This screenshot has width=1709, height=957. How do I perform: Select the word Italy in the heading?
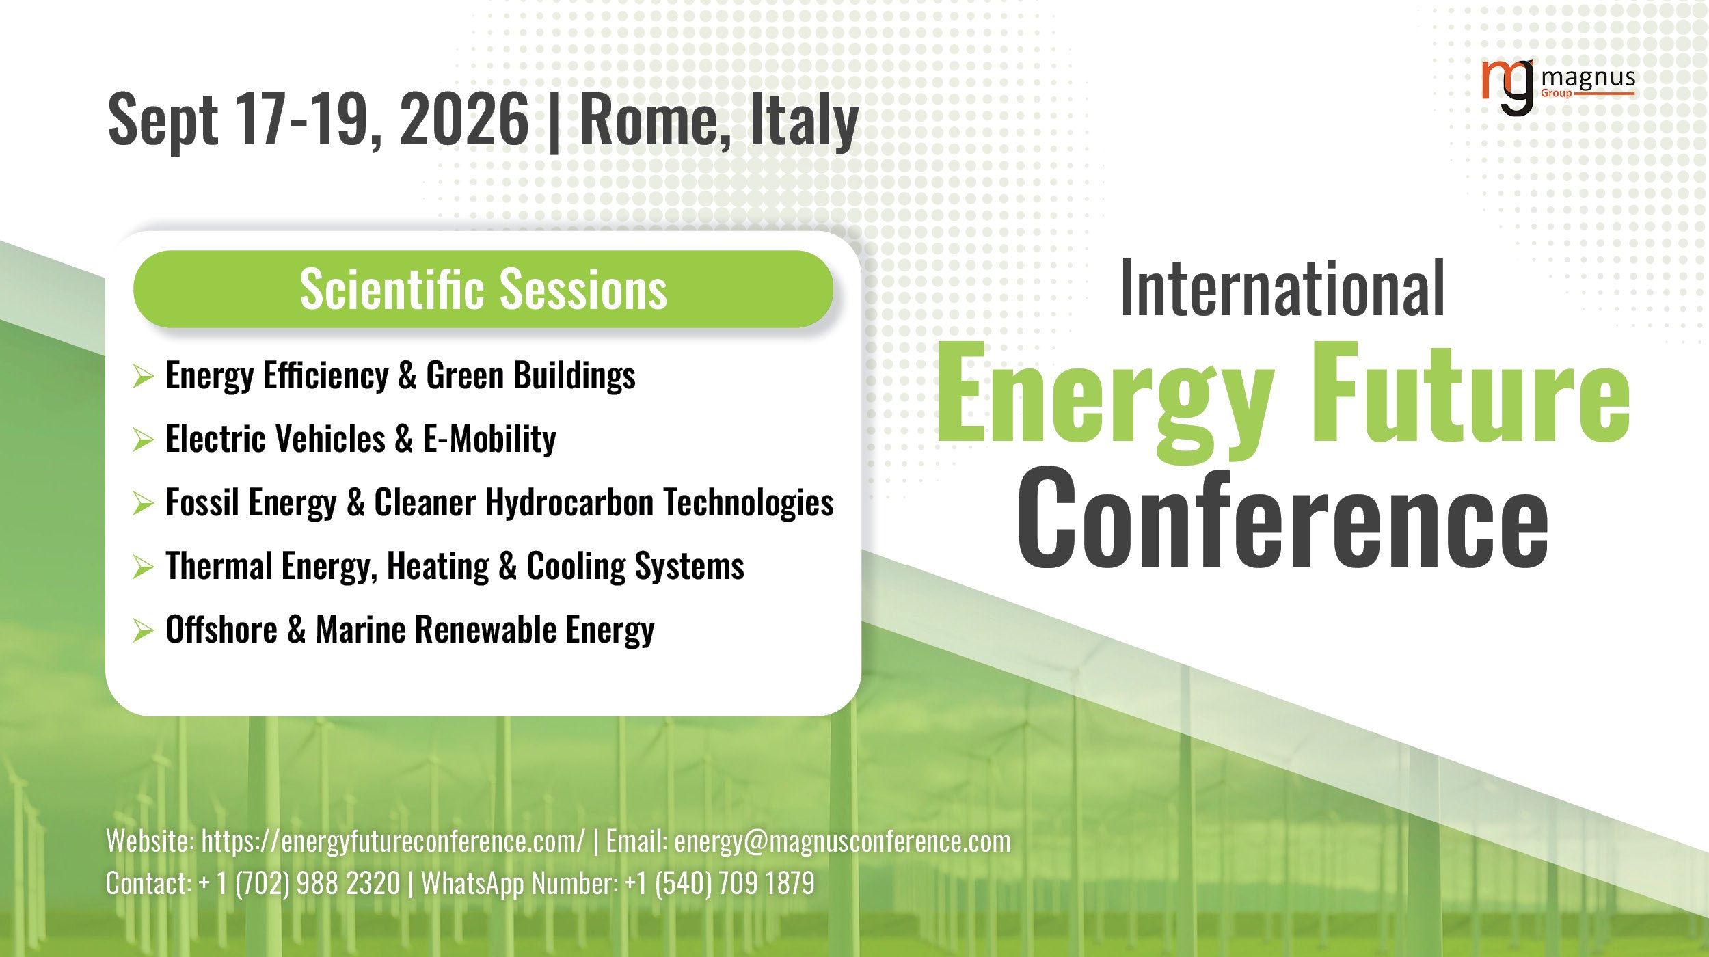coord(804,122)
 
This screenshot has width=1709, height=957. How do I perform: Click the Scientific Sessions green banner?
coord(483,289)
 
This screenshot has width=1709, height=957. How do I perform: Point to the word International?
coord(1282,289)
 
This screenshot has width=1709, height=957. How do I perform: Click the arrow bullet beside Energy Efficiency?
coord(143,376)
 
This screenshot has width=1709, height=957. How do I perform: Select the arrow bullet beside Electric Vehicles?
coord(143,440)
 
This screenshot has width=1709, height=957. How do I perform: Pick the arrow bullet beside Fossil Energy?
coord(143,503)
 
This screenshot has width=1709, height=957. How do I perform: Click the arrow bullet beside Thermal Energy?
coord(143,567)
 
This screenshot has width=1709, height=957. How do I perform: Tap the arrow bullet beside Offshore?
coord(143,630)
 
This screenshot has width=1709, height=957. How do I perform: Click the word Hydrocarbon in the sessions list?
coord(569,503)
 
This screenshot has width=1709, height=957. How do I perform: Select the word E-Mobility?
coord(489,439)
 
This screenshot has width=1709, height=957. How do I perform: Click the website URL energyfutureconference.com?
coord(393,841)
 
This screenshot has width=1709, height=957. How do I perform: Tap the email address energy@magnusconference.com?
coord(842,841)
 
